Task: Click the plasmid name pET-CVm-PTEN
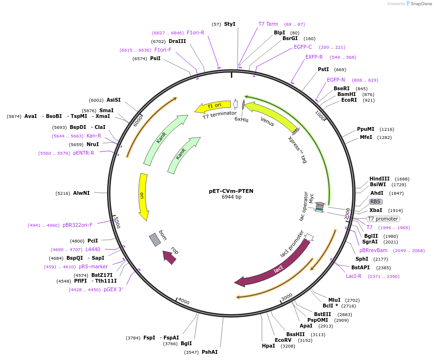tap(231, 191)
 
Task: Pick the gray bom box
tap(155, 239)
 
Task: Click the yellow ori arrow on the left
tap(143, 196)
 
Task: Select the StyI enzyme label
tap(229, 24)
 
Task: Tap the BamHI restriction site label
tap(347, 94)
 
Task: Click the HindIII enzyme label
tap(380, 179)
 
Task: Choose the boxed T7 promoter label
tap(383, 219)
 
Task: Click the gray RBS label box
tap(375, 201)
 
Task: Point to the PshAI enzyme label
tap(209, 352)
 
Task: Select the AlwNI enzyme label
tap(81, 193)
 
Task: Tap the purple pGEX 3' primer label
tap(113, 289)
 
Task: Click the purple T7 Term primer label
tap(268, 24)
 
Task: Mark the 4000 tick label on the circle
tap(184, 301)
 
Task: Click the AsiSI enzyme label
tap(114, 100)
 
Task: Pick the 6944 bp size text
tap(231, 197)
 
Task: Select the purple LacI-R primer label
tap(354, 276)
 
